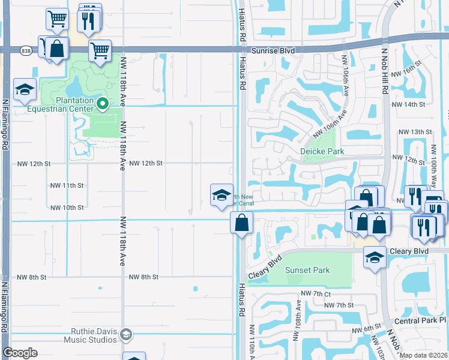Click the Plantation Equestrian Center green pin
tap(103, 104)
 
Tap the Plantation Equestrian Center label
tap(67, 104)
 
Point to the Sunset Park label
tap(307, 270)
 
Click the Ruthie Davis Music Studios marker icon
tap(126, 334)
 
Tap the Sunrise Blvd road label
tap(273, 51)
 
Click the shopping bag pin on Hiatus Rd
tap(241, 223)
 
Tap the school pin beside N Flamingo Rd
tap(25, 90)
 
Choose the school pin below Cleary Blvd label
tap(375, 257)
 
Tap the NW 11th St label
tap(66, 185)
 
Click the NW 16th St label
tap(404, 74)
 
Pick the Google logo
tap(20, 352)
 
